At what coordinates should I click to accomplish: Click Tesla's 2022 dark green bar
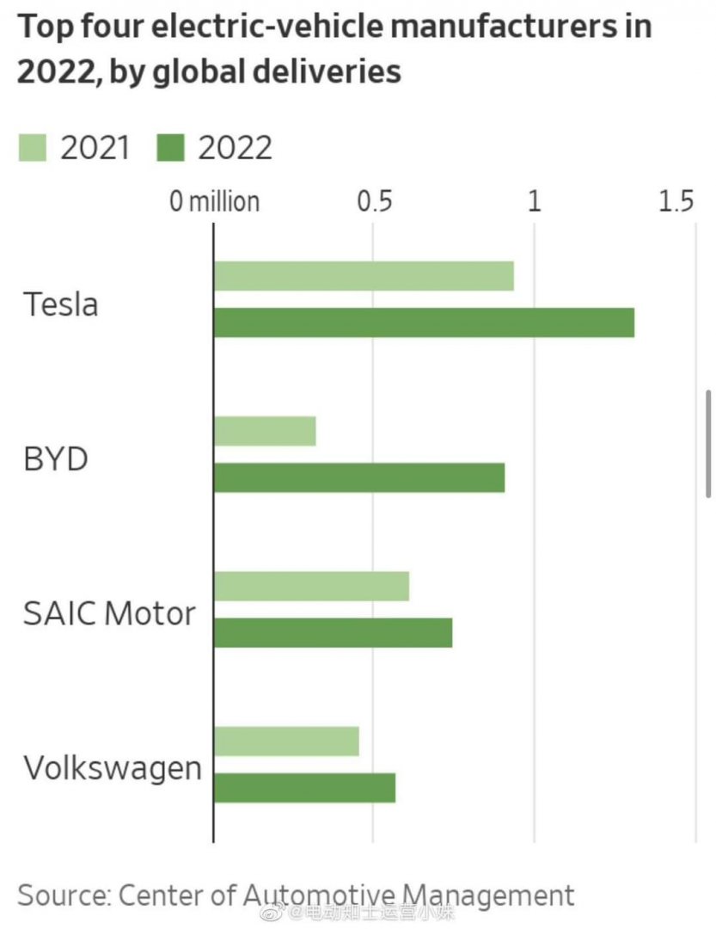tap(424, 323)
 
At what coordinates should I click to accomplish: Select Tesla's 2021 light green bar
tap(364, 276)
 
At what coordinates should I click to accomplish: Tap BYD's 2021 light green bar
tap(265, 431)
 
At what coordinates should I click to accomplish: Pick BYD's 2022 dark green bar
tap(358, 477)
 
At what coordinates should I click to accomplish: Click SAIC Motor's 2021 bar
tap(311, 586)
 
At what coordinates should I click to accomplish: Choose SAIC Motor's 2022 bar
tap(333, 632)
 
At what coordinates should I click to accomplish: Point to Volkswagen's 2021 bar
tap(286, 741)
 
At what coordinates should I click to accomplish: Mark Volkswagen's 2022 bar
tap(304, 787)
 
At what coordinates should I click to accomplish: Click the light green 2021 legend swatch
tap(33, 148)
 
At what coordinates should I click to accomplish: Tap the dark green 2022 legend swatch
tap(170, 148)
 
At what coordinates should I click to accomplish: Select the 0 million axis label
tap(214, 201)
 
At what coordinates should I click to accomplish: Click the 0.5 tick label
tap(375, 201)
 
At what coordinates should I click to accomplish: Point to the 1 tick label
tap(534, 201)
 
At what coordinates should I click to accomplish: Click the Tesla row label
tap(60, 305)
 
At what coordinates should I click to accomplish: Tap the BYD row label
tap(55, 459)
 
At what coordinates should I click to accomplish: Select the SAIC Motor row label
tap(109, 614)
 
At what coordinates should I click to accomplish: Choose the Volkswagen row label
tap(112, 768)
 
